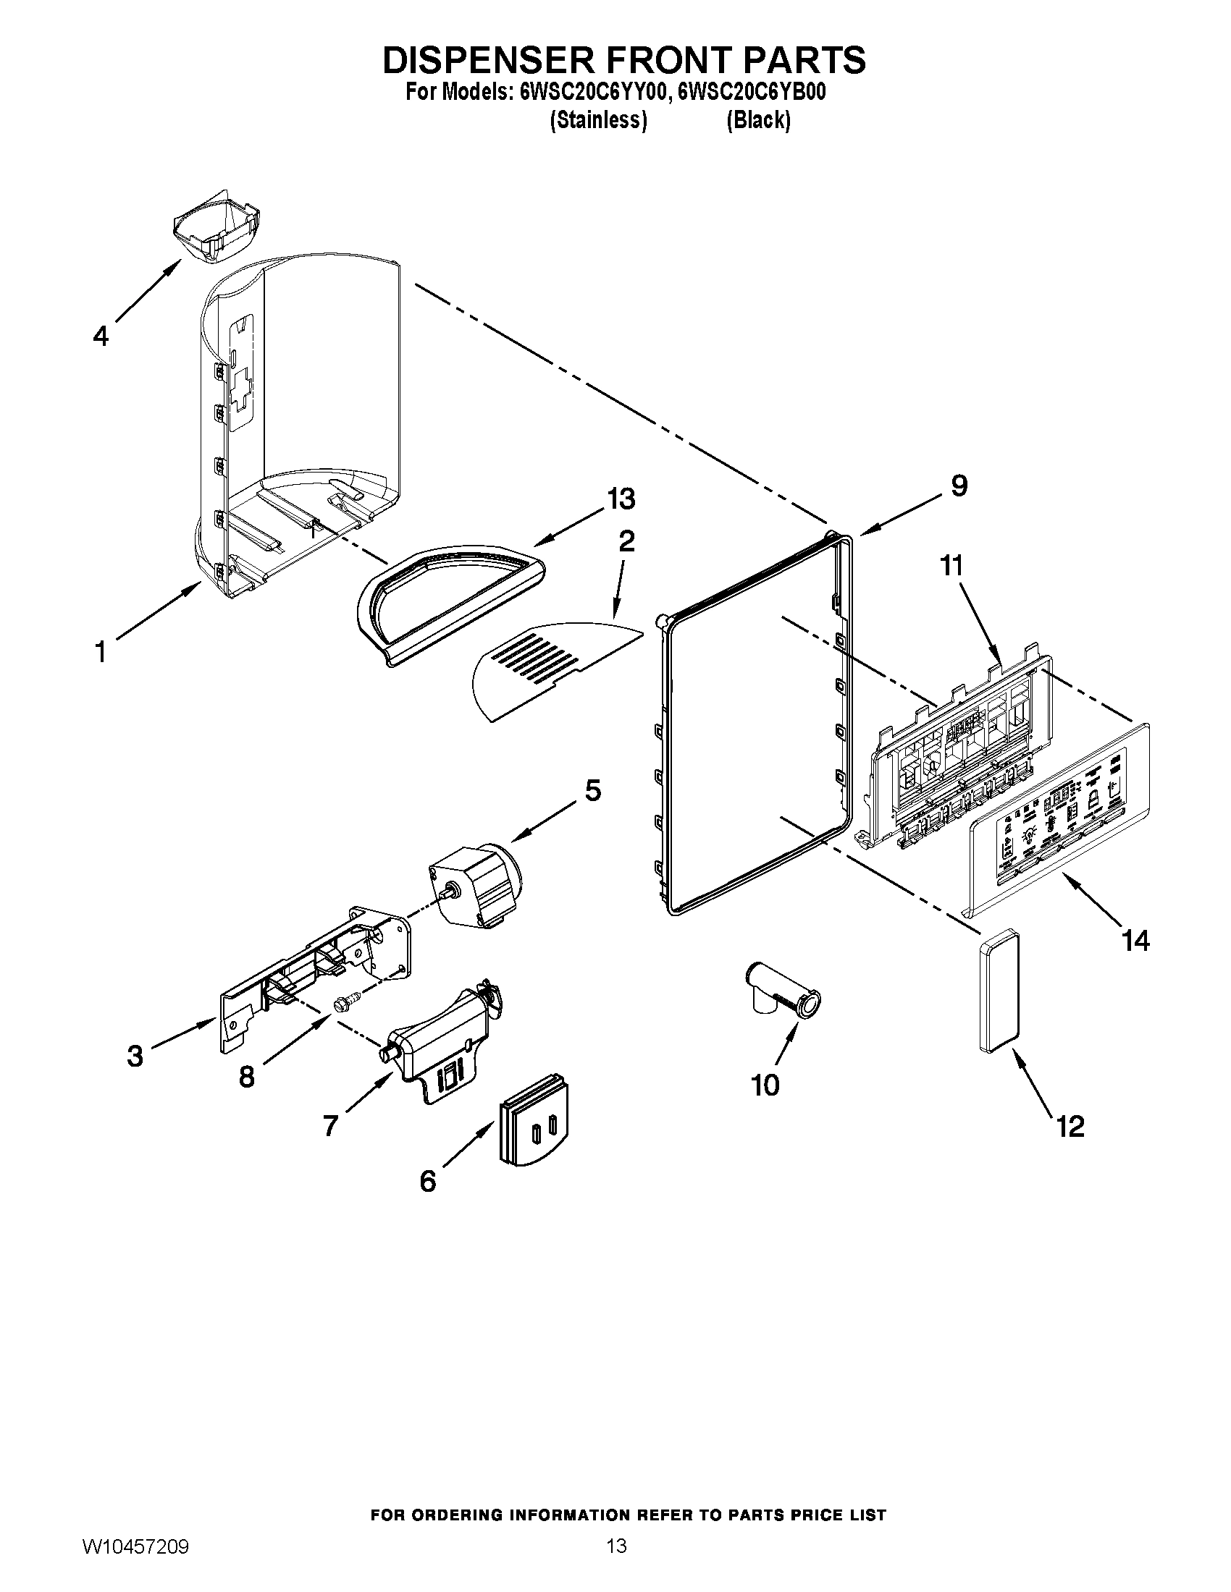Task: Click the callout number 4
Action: [101, 336]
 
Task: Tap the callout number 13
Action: [621, 499]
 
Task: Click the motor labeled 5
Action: [474, 885]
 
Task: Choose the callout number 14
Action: [1135, 940]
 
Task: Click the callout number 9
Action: [959, 486]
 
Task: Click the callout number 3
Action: [135, 1057]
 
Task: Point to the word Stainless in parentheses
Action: [598, 120]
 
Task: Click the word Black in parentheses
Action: [758, 120]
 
